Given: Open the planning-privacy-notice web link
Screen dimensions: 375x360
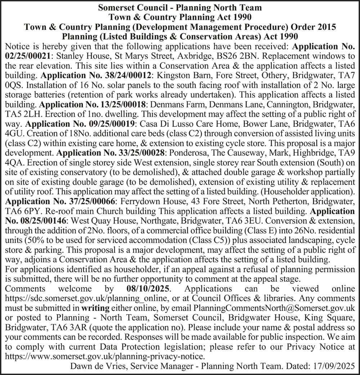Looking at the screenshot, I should click(105, 357).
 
